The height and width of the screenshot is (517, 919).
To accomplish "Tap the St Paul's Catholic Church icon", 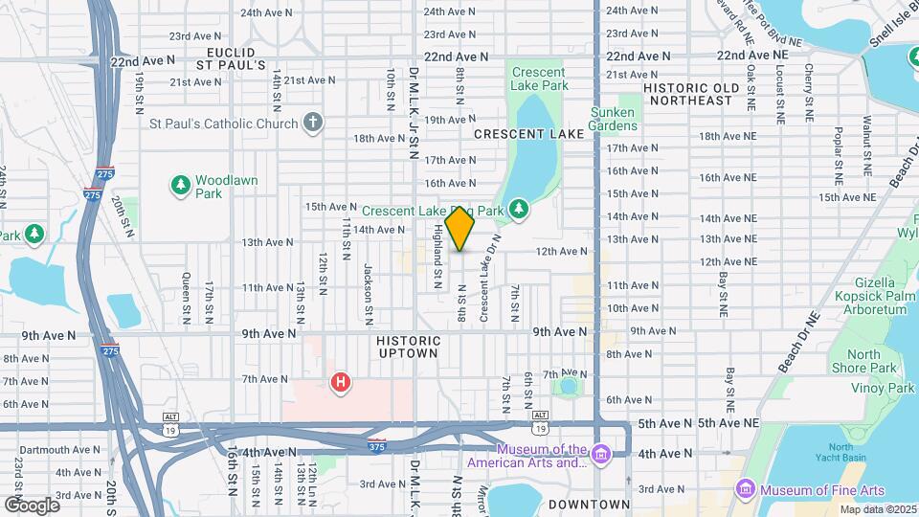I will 312,123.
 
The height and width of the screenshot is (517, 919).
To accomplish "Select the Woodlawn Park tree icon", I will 180,186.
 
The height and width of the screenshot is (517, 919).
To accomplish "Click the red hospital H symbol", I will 340,384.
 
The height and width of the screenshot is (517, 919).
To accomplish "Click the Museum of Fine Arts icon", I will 746,490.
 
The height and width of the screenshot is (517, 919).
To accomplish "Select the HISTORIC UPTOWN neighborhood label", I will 409,347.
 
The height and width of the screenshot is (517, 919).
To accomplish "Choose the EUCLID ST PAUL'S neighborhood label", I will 230,57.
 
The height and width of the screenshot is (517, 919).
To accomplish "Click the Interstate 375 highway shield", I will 377,445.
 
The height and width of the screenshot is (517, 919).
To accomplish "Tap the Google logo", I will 31,505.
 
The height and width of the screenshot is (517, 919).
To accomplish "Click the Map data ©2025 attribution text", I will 875,509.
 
